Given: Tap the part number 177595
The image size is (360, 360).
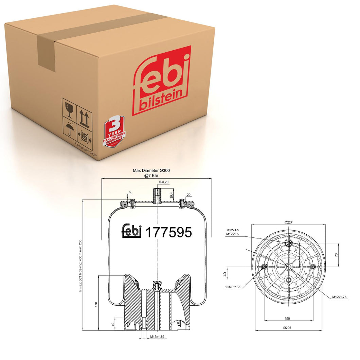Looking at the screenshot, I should pos(169,232).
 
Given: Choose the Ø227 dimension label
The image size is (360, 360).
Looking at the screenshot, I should pos(289,222).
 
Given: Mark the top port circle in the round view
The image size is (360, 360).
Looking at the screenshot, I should pos(289,243).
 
